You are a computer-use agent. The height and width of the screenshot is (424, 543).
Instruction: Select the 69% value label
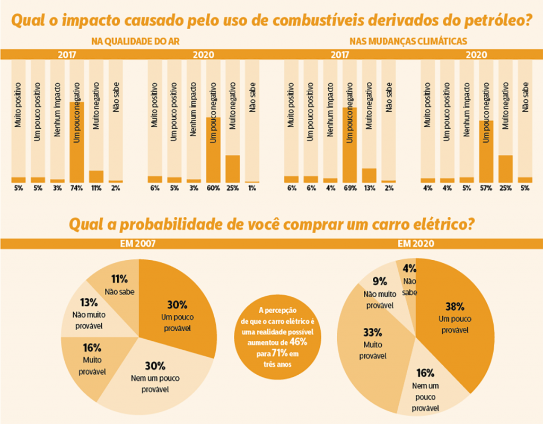click(x=349, y=188)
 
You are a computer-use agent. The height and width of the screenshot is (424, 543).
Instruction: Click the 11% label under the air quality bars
click(x=96, y=188)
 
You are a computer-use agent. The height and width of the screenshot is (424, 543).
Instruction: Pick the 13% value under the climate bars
click(x=369, y=188)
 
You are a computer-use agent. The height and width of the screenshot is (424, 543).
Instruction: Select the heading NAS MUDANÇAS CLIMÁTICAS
click(x=408, y=41)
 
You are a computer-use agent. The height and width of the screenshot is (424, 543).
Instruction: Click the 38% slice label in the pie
click(x=455, y=306)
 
